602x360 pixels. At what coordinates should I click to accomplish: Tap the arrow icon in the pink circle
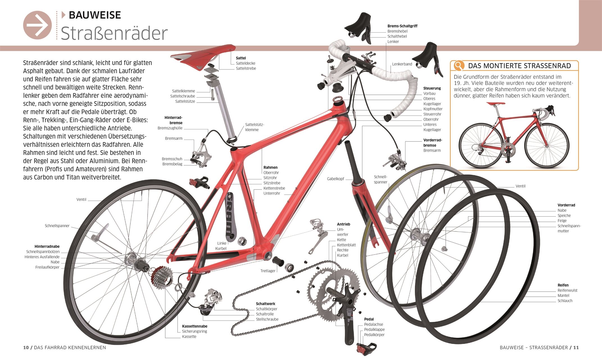38,25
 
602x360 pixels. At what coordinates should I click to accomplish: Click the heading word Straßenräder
114,33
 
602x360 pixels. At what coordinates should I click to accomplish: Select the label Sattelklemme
184,91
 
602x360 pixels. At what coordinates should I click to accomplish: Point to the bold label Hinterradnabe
47,247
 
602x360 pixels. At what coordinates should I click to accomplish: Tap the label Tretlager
268,271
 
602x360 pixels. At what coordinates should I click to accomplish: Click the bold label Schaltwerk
266,304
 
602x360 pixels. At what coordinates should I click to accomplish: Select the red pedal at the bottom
366,349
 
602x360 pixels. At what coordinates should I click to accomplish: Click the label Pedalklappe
374,330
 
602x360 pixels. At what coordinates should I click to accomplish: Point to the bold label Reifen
563,285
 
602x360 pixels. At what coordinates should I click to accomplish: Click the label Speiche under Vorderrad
564,216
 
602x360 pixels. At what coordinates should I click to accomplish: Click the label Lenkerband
402,64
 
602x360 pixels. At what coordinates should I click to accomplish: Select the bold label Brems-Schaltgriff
402,26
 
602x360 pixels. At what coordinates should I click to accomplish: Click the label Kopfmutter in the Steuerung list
433,109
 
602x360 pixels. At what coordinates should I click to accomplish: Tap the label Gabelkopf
336,179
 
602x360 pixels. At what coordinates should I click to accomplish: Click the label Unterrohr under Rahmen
272,193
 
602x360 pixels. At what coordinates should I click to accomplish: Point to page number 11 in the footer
576,348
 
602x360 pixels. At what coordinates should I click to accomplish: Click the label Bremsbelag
172,164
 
